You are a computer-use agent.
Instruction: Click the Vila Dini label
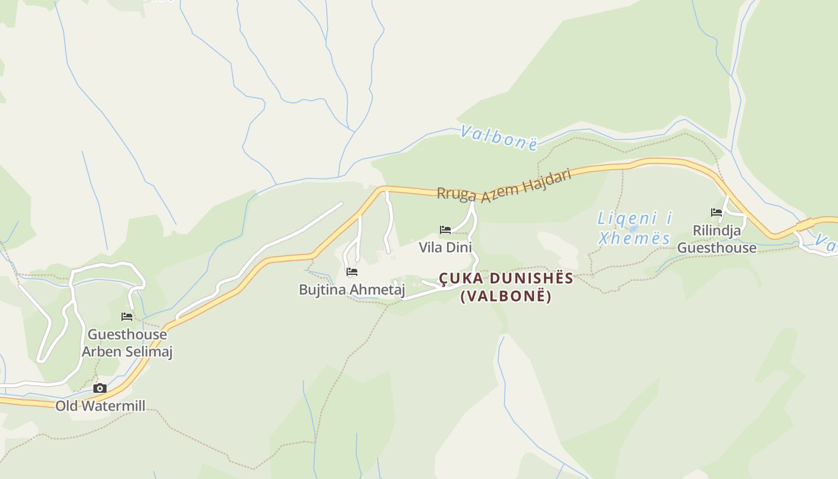(445, 247)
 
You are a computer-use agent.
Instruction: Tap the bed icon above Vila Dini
(445, 229)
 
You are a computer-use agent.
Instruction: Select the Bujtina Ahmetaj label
(352, 290)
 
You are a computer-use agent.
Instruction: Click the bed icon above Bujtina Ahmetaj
(352, 272)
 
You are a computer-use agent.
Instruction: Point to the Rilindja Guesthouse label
(717, 239)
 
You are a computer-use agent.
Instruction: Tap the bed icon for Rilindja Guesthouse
(716, 212)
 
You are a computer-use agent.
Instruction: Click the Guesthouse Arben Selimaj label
(127, 343)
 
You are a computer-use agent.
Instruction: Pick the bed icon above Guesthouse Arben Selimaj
(127, 316)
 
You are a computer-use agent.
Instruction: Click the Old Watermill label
(101, 406)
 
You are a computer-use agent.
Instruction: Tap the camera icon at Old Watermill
(101, 389)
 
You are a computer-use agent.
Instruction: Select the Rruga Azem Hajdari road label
(504, 186)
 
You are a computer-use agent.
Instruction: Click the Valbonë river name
(499, 137)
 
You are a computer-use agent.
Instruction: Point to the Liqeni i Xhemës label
(634, 228)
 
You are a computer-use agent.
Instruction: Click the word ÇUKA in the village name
(459, 278)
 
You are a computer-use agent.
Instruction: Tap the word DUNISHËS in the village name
(529, 278)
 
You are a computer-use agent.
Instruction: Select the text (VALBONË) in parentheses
(506, 296)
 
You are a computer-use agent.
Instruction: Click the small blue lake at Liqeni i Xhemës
(633, 229)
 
